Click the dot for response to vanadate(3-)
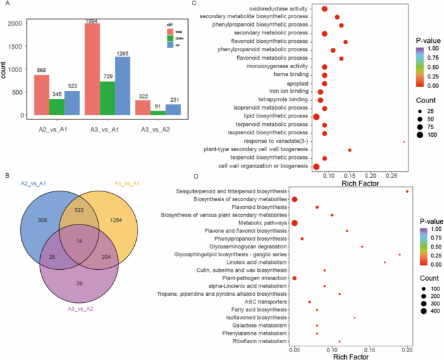point(404,141)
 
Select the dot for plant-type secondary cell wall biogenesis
point(349,150)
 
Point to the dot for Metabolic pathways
point(294,223)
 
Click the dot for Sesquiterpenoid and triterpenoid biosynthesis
point(407,191)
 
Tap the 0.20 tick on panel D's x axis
point(407,349)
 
